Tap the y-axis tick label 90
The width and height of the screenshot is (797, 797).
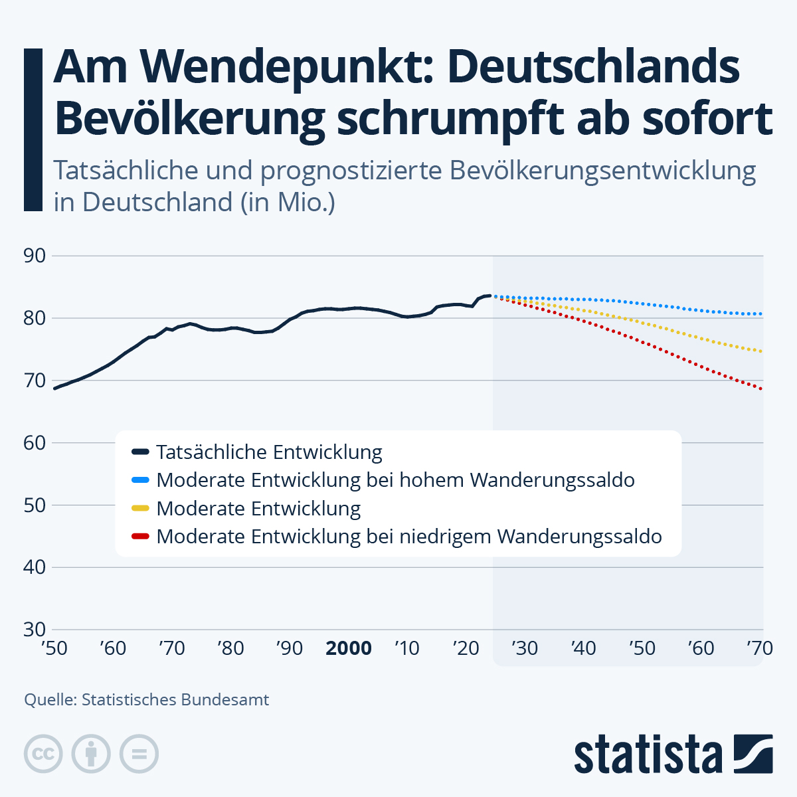[x=34, y=256]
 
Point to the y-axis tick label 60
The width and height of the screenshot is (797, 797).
[x=34, y=443]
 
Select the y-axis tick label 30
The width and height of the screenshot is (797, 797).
[x=34, y=630]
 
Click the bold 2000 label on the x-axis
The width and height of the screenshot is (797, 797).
[x=348, y=648]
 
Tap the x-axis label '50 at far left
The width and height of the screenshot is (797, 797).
[x=54, y=648]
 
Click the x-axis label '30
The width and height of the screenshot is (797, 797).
[x=525, y=648]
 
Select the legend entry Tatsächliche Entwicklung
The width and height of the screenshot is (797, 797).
[x=269, y=452]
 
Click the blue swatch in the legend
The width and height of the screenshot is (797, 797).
[x=141, y=480]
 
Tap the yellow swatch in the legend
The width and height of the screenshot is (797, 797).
[x=141, y=509]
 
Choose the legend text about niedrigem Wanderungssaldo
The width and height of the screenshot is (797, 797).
[x=408, y=537]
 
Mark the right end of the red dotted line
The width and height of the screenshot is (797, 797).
[x=761, y=389]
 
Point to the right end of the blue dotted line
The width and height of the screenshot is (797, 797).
[x=761, y=314]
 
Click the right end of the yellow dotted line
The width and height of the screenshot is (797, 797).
[x=761, y=351]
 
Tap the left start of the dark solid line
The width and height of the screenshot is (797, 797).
[x=55, y=388]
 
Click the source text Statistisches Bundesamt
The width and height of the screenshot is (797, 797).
[x=175, y=699]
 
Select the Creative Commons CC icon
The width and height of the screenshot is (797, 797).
[x=43, y=754]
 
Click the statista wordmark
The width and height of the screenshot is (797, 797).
[x=648, y=754]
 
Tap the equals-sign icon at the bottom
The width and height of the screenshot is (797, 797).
[x=139, y=754]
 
